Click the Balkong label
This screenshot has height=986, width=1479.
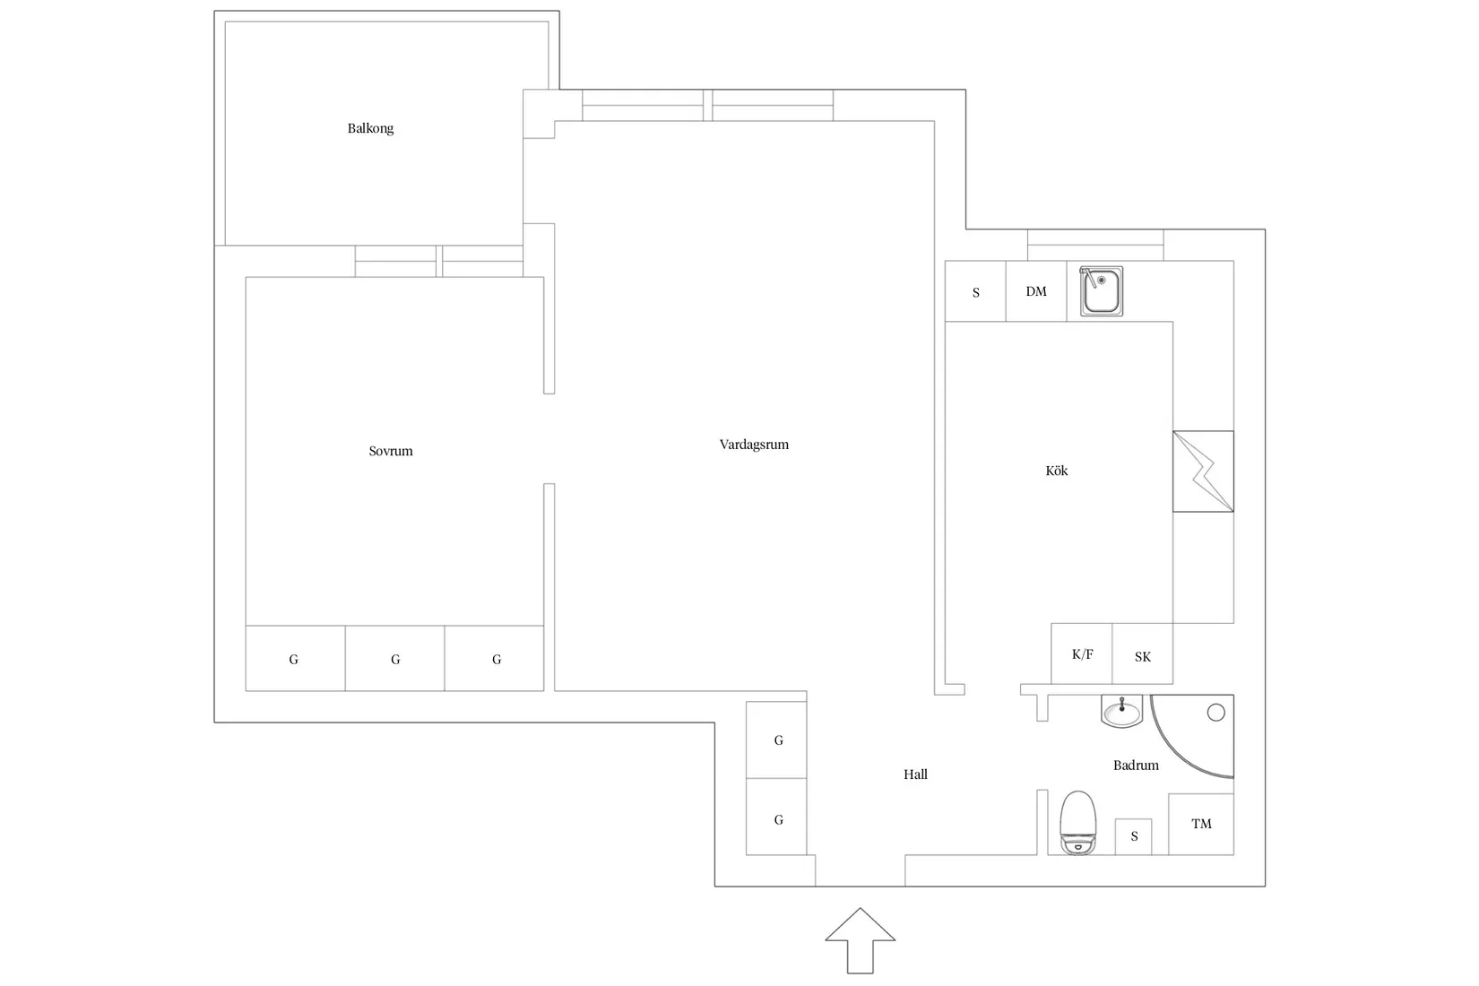pos(370,128)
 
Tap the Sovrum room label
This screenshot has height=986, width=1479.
pos(391,451)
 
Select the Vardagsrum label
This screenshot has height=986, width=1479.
pos(754,445)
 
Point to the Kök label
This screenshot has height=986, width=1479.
pos(1057,471)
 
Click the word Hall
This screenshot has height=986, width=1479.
pos(915,774)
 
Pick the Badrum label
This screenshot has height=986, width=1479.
pos(1136,765)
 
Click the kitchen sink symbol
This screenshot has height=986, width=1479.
pos(1101,290)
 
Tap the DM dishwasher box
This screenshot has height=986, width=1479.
pos(1036,291)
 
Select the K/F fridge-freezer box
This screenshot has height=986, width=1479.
pos(1082,654)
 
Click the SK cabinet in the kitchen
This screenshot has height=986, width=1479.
pos(1143,656)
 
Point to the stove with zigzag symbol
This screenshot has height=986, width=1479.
pos(1203,471)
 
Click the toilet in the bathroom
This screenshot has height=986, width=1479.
pos(1077,822)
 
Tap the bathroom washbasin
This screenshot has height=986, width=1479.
pos(1121,713)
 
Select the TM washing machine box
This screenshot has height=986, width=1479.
pos(1201,824)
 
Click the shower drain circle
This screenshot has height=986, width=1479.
pos(1216,713)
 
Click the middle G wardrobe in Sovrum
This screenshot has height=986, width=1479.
pos(395,659)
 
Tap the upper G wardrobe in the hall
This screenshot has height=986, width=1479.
pos(778,740)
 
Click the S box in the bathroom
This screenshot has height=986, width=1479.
pos(1134,836)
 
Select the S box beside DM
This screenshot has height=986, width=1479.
pos(976,292)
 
